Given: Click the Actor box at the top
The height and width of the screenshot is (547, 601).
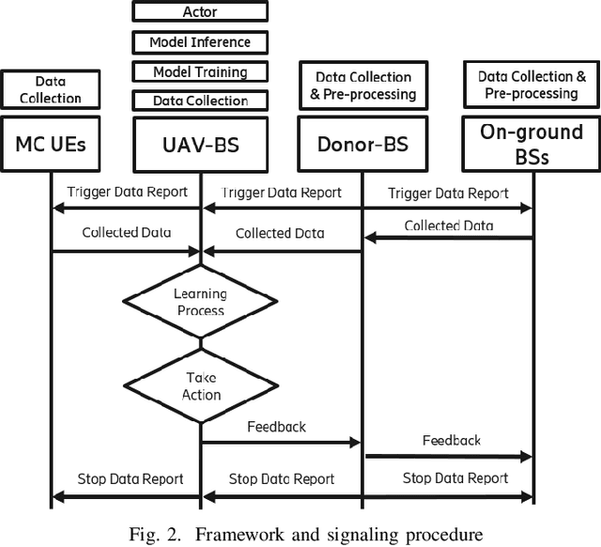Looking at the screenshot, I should (199, 12).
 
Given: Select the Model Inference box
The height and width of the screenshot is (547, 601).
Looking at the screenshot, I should (199, 42).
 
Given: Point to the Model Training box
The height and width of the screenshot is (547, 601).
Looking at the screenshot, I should (199, 71).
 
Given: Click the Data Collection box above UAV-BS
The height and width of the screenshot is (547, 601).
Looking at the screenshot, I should (199, 100).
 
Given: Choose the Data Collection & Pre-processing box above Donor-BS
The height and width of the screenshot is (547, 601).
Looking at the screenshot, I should (362, 86).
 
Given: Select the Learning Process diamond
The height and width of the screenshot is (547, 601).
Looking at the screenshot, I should (199, 302).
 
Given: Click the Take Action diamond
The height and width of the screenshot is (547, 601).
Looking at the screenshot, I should (199, 386).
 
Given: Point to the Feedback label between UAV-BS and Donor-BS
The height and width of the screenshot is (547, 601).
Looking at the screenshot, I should (276, 427).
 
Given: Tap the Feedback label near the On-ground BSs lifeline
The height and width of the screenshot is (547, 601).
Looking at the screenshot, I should (451, 440).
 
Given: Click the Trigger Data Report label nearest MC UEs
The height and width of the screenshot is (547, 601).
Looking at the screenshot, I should (127, 192).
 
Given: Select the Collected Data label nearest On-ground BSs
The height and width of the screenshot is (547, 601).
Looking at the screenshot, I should (449, 226).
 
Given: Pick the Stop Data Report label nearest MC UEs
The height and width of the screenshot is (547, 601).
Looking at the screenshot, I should (126, 479).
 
